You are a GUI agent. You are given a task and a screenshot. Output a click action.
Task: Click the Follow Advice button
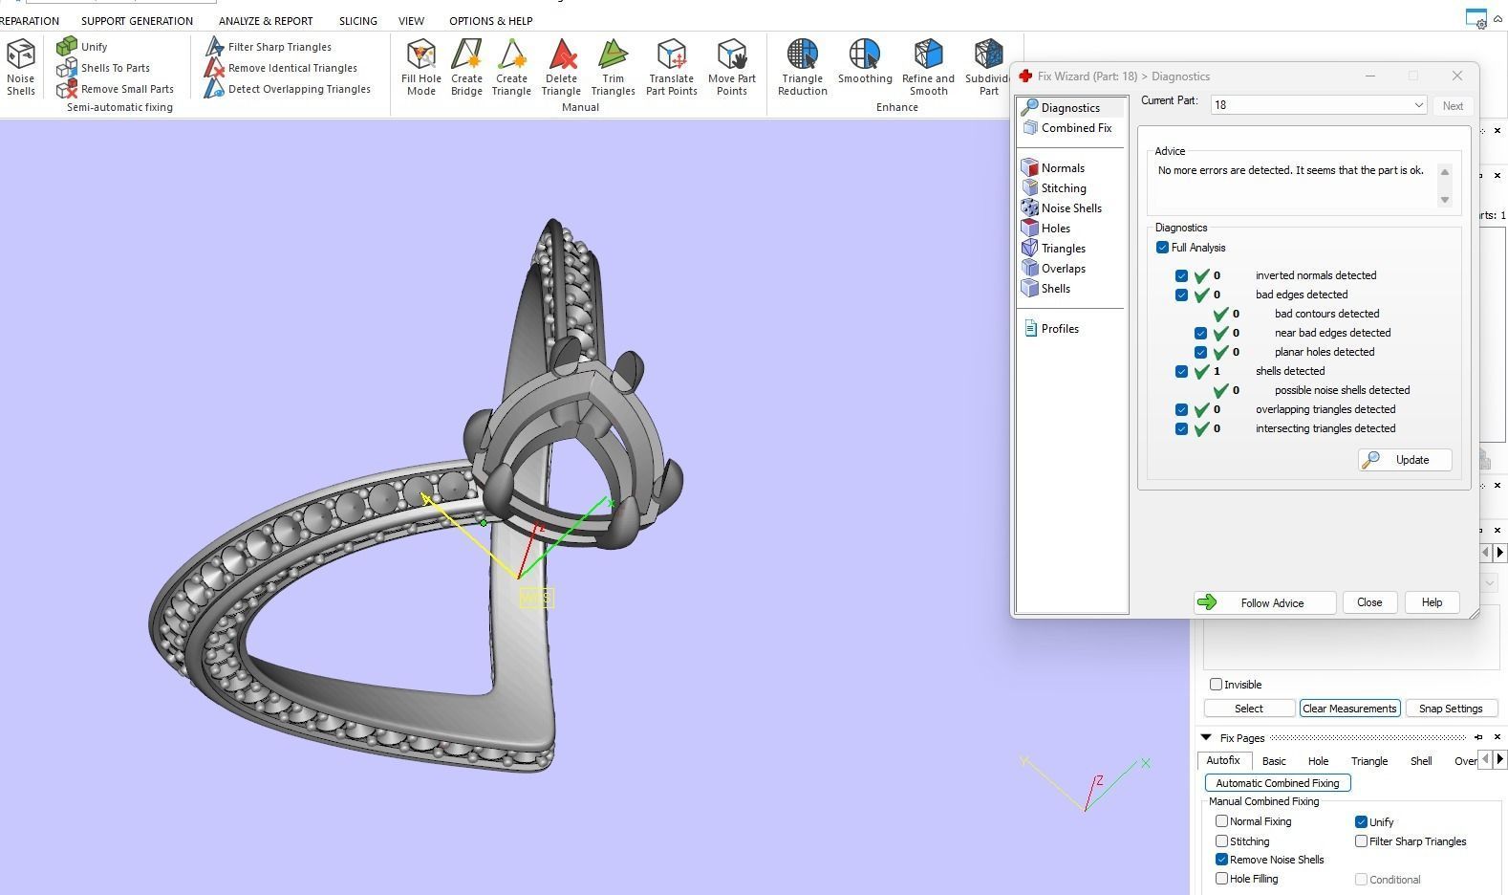click(1263, 602)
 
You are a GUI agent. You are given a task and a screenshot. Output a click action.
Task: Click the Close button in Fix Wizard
click(1368, 602)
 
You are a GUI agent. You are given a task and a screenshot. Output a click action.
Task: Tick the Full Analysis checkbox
click(1162, 248)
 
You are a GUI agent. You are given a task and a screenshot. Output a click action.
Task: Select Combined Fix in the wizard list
click(1075, 128)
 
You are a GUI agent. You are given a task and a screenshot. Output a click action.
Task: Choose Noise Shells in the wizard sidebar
click(1070, 208)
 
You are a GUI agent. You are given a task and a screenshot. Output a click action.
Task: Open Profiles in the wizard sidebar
click(1059, 329)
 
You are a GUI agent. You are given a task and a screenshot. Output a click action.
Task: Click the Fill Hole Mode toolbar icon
click(420, 67)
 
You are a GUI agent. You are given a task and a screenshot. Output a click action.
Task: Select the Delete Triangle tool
click(561, 67)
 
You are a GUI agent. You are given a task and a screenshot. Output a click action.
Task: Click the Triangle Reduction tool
click(802, 67)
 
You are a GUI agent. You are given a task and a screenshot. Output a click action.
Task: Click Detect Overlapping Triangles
click(298, 89)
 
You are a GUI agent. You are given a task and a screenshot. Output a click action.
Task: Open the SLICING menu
click(357, 21)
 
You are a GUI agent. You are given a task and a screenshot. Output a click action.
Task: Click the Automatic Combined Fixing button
click(1277, 783)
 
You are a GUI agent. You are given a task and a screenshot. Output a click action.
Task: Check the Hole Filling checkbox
click(1221, 879)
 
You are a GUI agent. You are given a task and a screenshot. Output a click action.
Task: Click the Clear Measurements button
click(1349, 709)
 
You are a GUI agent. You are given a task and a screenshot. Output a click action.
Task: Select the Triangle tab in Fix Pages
click(1368, 761)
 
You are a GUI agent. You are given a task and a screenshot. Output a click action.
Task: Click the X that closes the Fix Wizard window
click(1456, 76)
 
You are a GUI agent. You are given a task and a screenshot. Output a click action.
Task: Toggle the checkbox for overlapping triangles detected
click(1181, 409)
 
